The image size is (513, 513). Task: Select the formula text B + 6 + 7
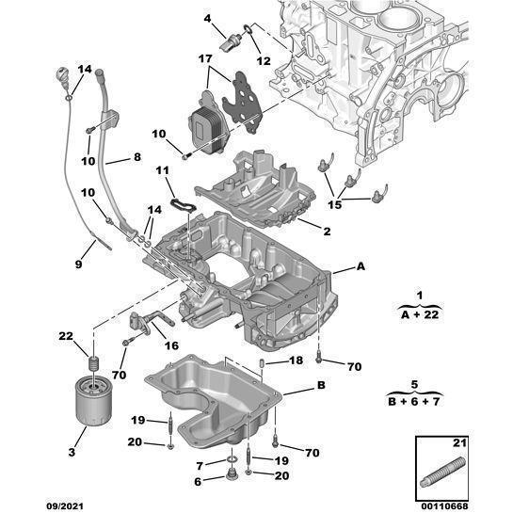pos(416,402)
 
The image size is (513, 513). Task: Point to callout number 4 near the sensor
pos(208,18)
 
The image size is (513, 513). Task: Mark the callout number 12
pos(263,60)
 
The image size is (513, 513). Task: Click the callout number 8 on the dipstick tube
pos(137,157)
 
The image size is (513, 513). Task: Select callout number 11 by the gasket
pos(162,170)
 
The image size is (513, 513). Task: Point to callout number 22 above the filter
pos(66,337)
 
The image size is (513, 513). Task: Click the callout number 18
pos(297,361)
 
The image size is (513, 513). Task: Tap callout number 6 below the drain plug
pos(198,482)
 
